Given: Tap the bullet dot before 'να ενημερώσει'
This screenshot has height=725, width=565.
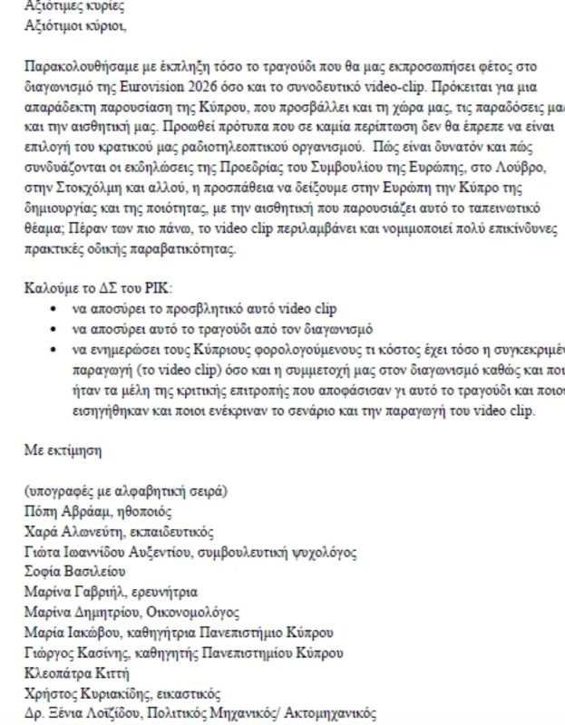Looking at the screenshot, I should point(58,348).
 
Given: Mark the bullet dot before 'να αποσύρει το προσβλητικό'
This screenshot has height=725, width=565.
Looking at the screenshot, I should point(58,309).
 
